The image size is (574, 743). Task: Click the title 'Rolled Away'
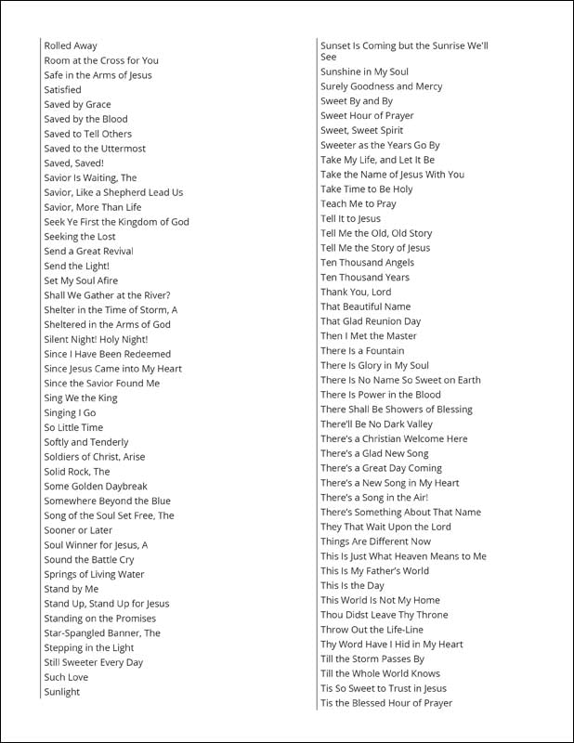tap(71, 46)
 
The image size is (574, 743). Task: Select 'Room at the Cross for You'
tap(101, 60)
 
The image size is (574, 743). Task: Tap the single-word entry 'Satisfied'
tap(63, 90)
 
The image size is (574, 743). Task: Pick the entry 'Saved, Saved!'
tap(74, 163)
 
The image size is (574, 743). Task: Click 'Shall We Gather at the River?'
tap(107, 295)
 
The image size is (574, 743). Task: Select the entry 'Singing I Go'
tap(70, 413)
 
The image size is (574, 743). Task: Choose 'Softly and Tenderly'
tap(86, 442)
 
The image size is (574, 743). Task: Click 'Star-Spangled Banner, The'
tap(102, 633)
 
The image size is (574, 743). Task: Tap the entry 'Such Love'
tap(67, 677)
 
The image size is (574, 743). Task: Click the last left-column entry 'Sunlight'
tap(62, 692)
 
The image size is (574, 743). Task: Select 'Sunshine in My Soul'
tap(364, 72)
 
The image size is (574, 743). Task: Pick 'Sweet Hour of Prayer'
tap(367, 116)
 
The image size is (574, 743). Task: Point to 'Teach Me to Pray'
tap(359, 203)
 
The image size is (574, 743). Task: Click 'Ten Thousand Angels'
tap(368, 263)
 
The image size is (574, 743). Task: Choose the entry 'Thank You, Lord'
tap(356, 292)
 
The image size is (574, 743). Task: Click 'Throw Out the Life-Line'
tap(372, 630)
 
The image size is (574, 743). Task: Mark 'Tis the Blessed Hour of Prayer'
tap(386, 703)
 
